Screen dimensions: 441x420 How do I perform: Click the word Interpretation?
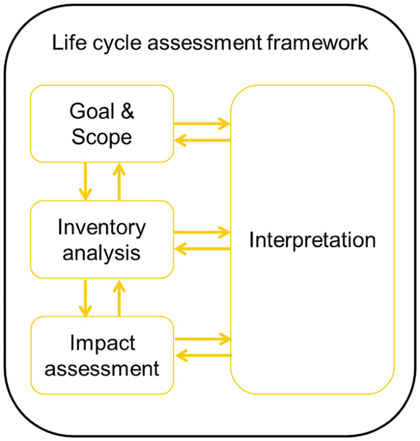point(312,240)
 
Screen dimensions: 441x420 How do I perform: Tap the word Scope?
point(102,136)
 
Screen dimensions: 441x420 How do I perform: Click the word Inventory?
point(102,228)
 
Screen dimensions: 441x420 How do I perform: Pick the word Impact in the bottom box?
point(102,343)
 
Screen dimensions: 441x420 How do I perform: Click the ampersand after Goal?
point(127,112)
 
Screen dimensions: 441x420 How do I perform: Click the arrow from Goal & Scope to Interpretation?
point(202,124)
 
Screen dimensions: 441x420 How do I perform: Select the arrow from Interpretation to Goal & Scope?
point(202,140)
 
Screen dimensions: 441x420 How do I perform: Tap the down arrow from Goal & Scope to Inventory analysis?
point(85,181)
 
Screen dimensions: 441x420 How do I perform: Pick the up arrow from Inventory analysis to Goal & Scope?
point(119,181)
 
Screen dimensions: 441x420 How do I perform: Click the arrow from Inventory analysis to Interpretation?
point(202,232)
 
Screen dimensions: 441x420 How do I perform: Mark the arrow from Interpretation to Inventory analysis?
point(202,249)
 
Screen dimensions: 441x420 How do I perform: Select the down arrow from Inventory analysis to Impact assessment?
point(85,297)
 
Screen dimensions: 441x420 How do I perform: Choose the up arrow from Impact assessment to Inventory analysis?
point(119,297)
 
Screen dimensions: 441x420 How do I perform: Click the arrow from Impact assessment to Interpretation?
point(202,339)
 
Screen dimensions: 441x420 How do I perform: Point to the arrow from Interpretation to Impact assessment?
point(202,355)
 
